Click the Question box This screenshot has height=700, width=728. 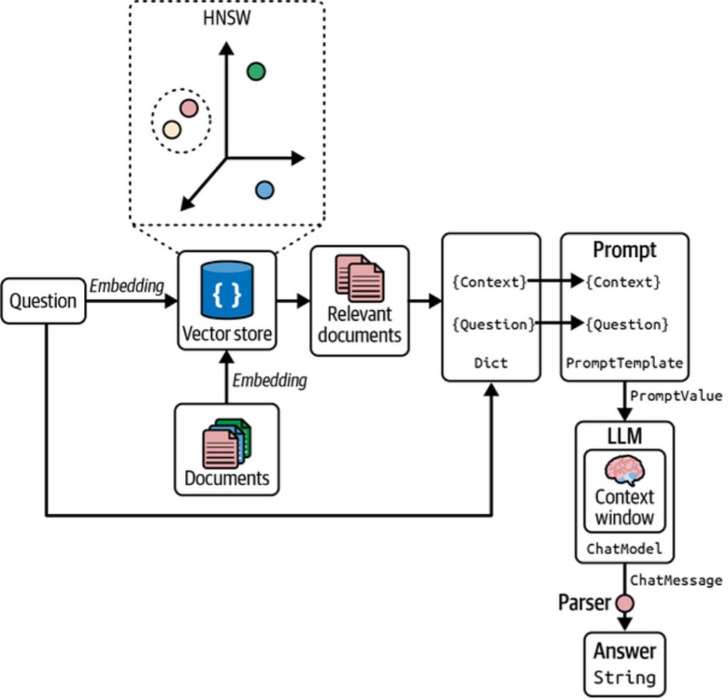click(43, 301)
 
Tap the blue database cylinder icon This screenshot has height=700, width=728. click(227, 290)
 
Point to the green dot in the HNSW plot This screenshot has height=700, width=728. click(256, 71)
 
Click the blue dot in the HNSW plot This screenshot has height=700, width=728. click(264, 190)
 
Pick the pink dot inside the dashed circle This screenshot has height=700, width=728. click(188, 108)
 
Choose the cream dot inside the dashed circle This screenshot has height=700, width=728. click(171, 129)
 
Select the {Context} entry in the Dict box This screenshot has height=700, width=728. click(490, 282)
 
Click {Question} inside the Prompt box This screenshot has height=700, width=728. click(626, 324)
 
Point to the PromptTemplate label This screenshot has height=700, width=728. click(624, 363)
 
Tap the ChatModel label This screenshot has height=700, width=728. click(624, 548)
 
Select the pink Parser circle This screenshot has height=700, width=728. click(624, 604)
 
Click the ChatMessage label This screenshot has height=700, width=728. click(676, 580)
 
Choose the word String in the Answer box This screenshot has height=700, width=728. click(624, 677)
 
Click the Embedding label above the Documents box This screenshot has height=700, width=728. click(269, 380)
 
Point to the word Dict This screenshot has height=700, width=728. click(491, 363)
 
